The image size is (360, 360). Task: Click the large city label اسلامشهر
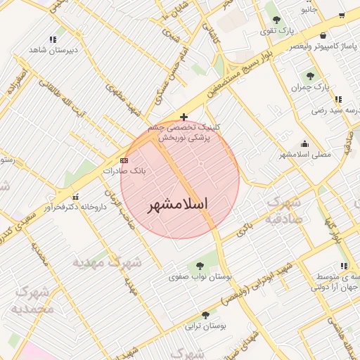179,205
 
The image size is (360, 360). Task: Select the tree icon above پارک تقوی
276,20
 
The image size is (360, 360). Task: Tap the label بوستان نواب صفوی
200,277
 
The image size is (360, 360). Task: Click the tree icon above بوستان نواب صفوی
201,265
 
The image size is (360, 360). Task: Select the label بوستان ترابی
205,327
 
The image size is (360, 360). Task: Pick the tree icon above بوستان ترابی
205,315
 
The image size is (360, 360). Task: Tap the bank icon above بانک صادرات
124,160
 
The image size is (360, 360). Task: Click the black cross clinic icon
184,117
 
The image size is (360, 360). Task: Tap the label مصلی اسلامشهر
304,154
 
